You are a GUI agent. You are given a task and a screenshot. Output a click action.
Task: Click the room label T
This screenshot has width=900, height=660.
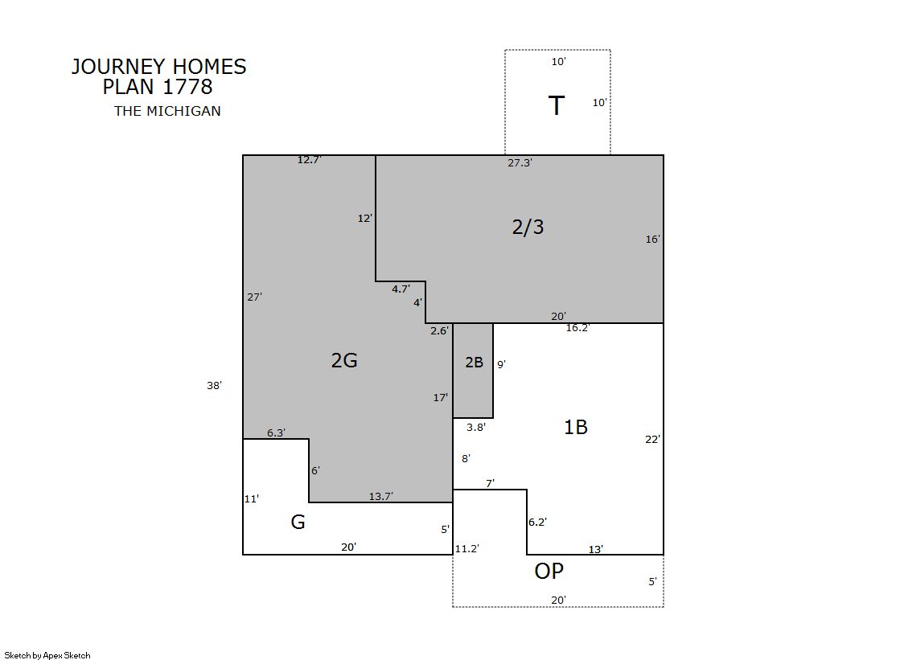557,105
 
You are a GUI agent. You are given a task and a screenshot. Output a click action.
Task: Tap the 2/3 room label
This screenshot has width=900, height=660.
528,227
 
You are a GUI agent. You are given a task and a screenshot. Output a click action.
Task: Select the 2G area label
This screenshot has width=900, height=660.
344,360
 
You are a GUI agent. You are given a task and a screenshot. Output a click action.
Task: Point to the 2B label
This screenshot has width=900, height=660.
474,362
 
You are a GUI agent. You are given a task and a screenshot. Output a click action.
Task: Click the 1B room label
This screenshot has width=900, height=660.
576,427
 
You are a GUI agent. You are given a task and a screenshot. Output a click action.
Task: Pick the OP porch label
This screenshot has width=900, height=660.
549,571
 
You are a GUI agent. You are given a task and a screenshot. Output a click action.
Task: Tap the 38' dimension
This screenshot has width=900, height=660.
214,385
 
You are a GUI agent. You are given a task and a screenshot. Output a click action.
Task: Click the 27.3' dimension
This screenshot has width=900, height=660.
520,162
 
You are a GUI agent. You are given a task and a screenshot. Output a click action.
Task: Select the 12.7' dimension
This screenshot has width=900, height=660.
309,159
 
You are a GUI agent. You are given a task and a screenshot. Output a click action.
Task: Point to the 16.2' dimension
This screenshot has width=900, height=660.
577,328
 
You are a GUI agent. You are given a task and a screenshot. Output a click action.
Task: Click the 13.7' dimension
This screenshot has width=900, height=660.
380,496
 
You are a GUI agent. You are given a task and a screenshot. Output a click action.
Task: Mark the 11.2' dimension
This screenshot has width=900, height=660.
466,548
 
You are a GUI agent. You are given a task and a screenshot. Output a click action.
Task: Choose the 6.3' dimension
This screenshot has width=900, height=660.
276,432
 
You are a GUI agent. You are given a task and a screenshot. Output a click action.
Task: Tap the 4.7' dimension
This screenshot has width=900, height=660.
401,289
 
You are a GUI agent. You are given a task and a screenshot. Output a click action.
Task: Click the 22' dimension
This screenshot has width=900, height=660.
652,439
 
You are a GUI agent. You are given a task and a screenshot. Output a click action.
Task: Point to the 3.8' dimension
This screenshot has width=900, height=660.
476,427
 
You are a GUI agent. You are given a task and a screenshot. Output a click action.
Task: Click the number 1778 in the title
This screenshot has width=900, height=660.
187,87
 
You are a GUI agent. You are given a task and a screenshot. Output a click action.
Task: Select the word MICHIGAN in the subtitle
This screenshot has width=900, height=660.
183,111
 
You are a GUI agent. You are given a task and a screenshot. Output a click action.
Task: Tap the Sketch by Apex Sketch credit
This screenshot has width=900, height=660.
47,655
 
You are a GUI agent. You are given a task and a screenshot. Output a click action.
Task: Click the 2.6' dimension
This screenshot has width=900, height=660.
440,330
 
